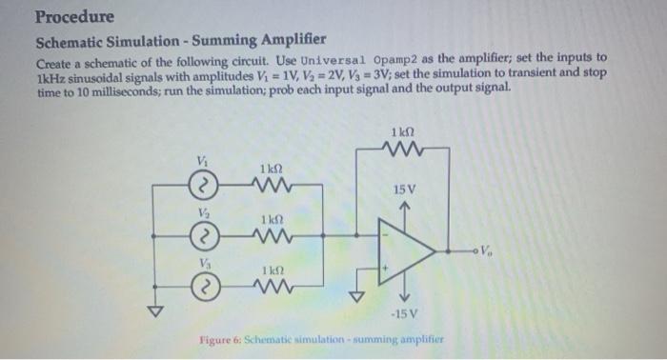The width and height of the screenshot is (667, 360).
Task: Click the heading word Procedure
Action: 74,17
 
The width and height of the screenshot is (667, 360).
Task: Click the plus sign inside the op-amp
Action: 387,270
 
